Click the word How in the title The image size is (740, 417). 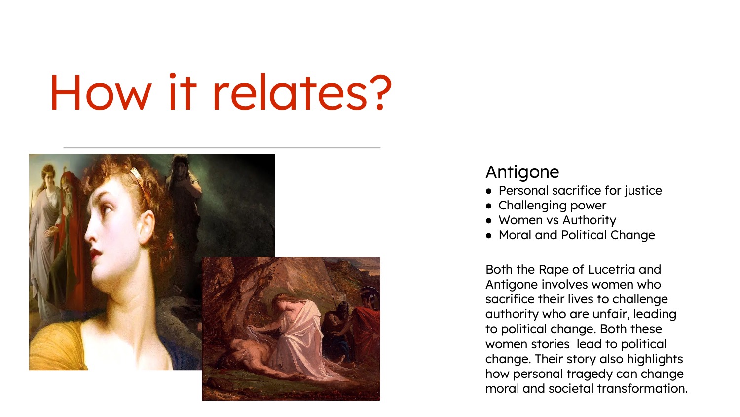pyautogui.click(x=101, y=92)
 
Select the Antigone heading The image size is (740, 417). pyautogui.click(x=522, y=172)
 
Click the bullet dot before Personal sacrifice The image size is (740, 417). pyautogui.click(x=489, y=191)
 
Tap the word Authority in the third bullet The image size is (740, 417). pyautogui.click(x=590, y=220)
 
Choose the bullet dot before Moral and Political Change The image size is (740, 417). pyautogui.click(x=489, y=235)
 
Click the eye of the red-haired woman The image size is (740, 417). pyautogui.click(x=107, y=209)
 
